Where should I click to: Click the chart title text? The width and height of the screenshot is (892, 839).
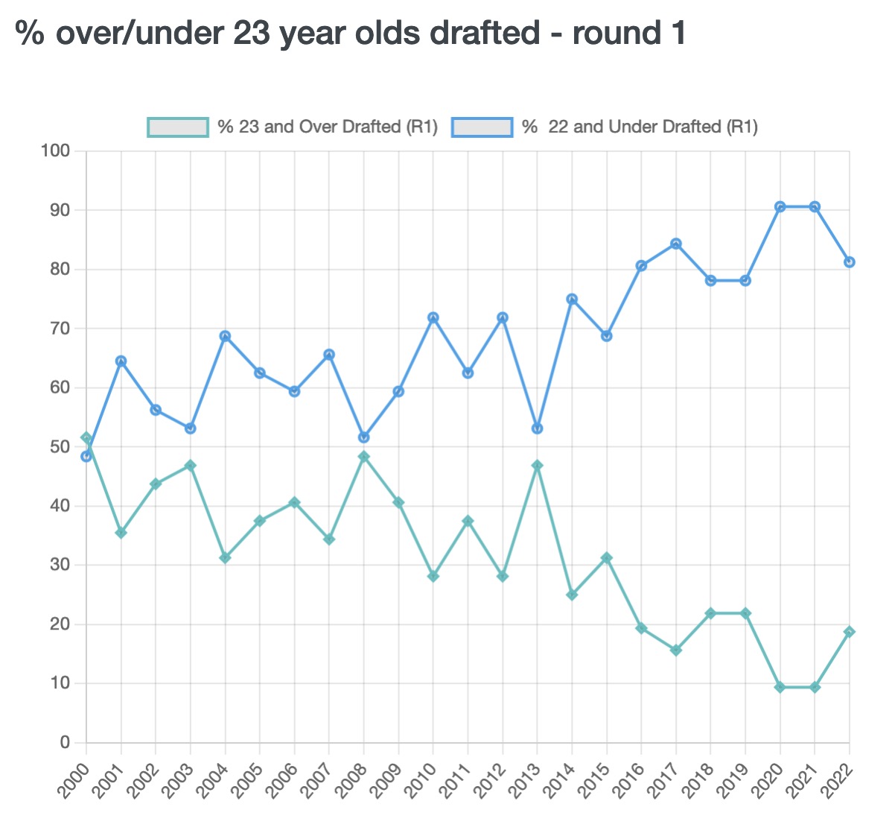click(350, 34)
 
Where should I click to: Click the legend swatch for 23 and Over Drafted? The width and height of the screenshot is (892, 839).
click(177, 127)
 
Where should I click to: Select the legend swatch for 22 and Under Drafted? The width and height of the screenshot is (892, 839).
click(482, 127)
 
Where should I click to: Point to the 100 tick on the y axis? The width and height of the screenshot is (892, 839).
click(55, 151)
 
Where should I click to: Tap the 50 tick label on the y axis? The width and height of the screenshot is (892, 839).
click(59, 447)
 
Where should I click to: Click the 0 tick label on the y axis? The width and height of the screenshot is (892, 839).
click(65, 742)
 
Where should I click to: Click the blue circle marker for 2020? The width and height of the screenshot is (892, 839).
click(780, 207)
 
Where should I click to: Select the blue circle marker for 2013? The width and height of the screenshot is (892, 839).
click(538, 428)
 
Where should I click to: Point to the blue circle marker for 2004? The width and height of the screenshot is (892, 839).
click(225, 336)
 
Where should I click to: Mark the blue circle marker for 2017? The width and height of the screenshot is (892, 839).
click(676, 244)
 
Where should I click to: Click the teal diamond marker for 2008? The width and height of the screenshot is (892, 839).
click(364, 457)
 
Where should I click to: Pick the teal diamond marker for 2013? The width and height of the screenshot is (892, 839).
click(538, 466)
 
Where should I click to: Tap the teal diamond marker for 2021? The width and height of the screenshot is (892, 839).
click(815, 687)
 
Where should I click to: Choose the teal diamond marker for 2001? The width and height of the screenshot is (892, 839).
click(121, 533)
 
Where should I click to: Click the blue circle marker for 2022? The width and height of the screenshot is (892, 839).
click(850, 262)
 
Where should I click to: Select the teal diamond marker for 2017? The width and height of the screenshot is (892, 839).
click(676, 650)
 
